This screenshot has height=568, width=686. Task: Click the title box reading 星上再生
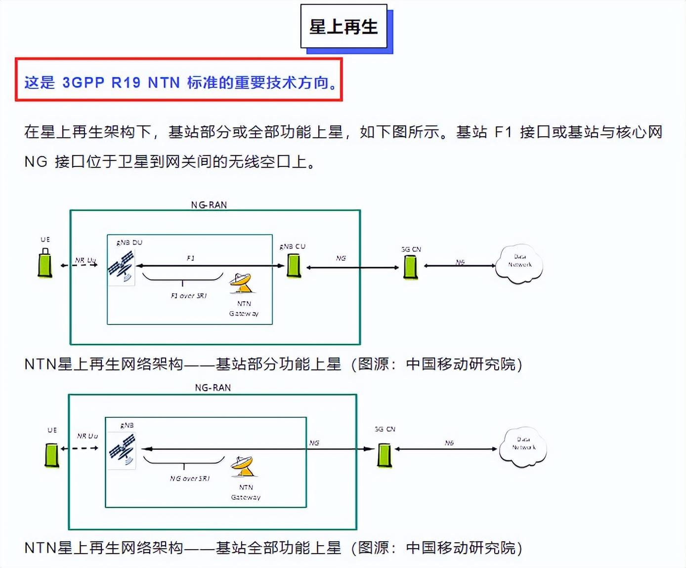click(x=343, y=27)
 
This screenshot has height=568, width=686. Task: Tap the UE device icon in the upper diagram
click(x=45, y=263)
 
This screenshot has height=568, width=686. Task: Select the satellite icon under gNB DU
click(x=121, y=266)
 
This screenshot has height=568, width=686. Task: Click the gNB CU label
click(x=293, y=246)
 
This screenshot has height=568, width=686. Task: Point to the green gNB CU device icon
click(x=294, y=266)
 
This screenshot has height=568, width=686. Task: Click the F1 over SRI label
click(x=188, y=296)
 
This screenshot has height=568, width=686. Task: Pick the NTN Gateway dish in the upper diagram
click(x=241, y=283)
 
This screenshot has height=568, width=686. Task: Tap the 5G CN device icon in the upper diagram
click(x=410, y=267)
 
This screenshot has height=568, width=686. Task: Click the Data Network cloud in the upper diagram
click(x=519, y=264)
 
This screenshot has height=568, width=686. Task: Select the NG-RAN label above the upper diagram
click(x=209, y=204)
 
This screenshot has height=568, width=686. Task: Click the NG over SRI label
click(x=190, y=479)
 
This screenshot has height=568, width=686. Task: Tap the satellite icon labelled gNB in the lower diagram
click(x=122, y=449)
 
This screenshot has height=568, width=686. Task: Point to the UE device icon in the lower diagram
click(x=52, y=454)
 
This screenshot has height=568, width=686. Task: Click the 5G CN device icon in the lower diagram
click(x=385, y=455)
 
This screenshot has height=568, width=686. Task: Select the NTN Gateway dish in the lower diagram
click(x=243, y=467)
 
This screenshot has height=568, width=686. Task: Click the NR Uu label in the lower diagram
click(x=87, y=436)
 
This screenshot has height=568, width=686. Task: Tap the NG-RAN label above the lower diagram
click(x=213, y=388)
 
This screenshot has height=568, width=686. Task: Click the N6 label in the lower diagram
click(x=449, y=443)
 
